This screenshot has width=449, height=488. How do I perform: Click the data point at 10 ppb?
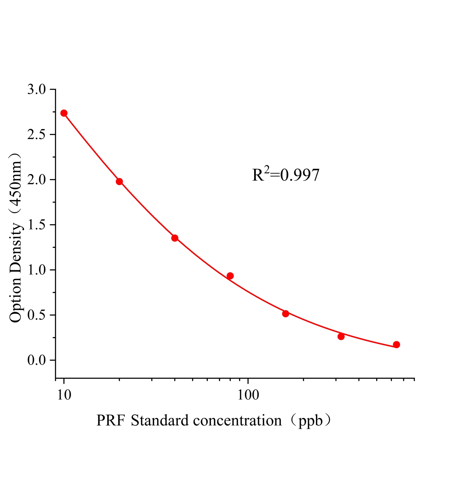click(64, 113)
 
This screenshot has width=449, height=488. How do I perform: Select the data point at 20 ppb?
click(119, 181)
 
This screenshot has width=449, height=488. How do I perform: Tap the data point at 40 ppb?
click(175, 238)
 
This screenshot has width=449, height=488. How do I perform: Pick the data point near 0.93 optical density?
click(230, 276)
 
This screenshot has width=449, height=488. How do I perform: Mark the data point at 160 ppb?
click(286, 314)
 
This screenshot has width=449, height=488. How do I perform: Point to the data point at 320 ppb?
click(341, 336)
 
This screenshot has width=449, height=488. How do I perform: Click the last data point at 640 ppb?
click(397, 345)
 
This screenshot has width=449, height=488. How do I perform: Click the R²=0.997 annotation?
click(286, 175)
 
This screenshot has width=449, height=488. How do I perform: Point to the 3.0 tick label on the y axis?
click(36, 90)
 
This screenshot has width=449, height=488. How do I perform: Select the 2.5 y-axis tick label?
click(36, 135)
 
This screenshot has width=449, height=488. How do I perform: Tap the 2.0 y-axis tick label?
click(36, 180)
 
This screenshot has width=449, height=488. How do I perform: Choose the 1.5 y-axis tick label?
click(36, 225)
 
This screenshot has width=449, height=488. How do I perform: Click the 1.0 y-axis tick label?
click(36, 270)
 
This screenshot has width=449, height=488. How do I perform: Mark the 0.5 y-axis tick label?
click(36, 315)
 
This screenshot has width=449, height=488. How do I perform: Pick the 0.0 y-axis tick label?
click(36, 361)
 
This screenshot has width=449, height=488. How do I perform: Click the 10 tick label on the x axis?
click(64, 395)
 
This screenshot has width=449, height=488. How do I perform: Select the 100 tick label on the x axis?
click(248, 395)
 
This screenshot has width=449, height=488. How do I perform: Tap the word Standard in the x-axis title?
click(160, 421)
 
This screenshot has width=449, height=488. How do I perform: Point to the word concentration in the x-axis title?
click(237, 421)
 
